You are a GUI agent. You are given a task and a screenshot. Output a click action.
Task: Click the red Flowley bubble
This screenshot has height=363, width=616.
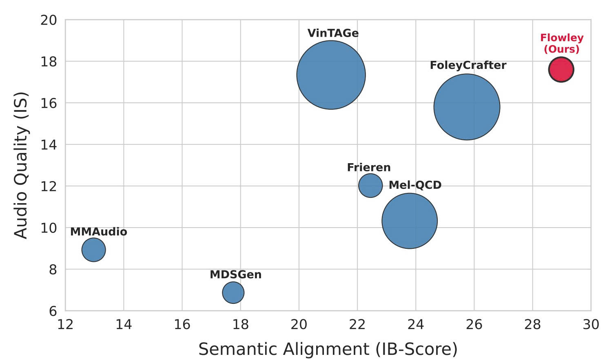[561, 70]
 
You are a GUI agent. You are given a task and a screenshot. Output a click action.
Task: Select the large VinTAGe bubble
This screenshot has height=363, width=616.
[331, 75]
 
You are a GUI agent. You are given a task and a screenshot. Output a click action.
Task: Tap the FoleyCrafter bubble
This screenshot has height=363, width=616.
[467, 107]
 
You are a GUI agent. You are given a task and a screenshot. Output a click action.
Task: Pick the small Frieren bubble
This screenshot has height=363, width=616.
[370, 186]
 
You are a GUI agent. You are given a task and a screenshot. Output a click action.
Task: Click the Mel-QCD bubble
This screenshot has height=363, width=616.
[410, 221]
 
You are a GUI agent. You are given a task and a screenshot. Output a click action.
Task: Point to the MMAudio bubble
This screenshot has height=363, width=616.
[94, 250]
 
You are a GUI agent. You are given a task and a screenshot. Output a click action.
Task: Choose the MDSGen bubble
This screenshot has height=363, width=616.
[233, 292]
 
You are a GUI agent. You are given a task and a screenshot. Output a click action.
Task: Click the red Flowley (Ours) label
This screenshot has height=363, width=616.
[562, 44]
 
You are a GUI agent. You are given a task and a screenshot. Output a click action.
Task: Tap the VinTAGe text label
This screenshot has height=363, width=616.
[333, 33]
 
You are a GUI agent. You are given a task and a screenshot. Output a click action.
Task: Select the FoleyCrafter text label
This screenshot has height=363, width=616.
[468, 65]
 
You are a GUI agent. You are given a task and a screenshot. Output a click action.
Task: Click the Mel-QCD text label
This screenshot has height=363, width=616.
[415, 185]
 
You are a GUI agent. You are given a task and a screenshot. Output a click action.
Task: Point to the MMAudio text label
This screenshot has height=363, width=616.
[99, 232]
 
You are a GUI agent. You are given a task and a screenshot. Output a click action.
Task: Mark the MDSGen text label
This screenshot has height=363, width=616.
[235, 275]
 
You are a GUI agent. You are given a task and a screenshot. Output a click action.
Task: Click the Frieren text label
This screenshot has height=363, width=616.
[369, 168]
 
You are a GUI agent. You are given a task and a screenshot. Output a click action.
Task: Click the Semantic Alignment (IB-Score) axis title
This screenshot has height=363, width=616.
[328, 350]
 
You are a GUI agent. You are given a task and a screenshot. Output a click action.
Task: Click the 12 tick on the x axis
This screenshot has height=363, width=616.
[65, 325]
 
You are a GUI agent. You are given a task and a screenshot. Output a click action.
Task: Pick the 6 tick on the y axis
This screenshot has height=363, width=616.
[53, 311]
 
